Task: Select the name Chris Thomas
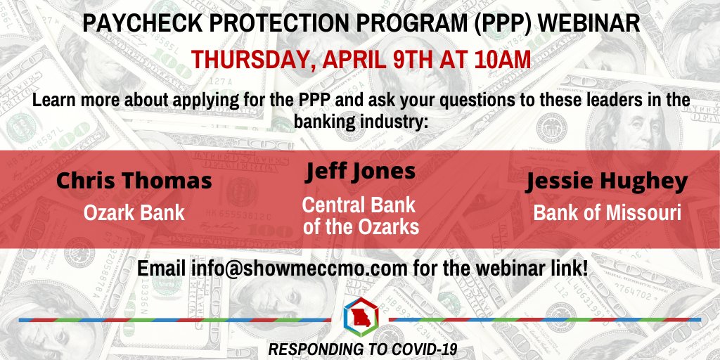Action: click(x=134, y=181)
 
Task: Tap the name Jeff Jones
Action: click(x=360, y=172)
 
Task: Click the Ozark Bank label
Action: click(x=134, y=212)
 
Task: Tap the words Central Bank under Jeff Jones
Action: click(x=359, y=205)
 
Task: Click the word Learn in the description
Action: click(x=53, y=100)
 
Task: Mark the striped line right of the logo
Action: click(x=545, y=319)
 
